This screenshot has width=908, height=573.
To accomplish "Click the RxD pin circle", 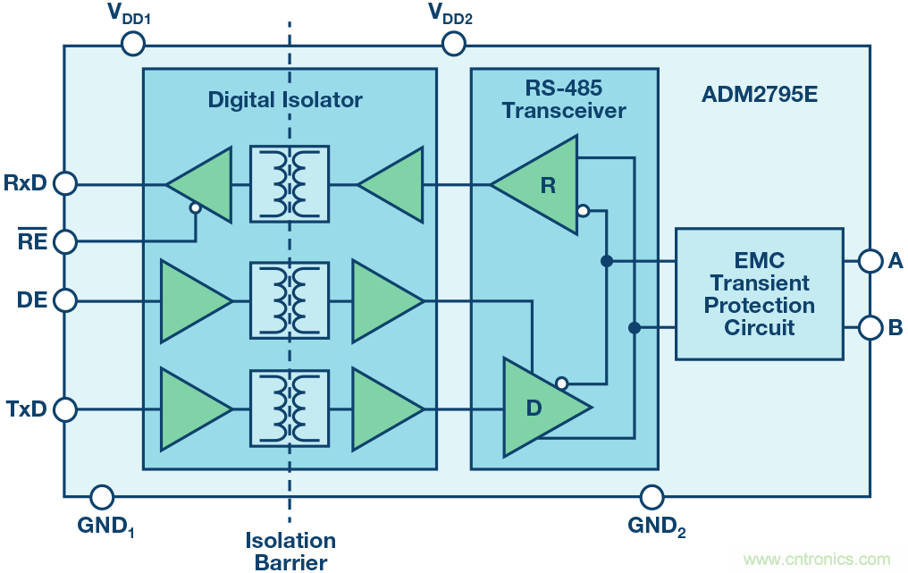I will pos(65,184).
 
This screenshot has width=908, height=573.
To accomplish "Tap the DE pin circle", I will pos(65,299).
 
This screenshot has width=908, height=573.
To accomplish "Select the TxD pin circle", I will pos(65,409).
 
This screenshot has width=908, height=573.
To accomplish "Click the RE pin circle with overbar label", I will pos(65,240).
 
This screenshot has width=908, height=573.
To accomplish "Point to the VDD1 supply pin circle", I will pos(132,43).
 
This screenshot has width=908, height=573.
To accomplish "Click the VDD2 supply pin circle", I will pos(454,43).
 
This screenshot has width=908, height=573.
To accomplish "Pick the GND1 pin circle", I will pos(103,496).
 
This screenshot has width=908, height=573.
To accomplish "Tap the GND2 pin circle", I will pos(652,496).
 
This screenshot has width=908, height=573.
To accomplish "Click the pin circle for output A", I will pos(870,261).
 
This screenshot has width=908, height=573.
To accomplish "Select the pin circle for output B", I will pos(870,328).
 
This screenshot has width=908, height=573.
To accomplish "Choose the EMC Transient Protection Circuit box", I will pos(759,294).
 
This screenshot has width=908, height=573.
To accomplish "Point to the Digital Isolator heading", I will pos(285,100).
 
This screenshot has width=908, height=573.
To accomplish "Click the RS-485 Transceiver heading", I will pos(563,99).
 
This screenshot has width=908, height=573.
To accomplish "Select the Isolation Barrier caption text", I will pos(290,551).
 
